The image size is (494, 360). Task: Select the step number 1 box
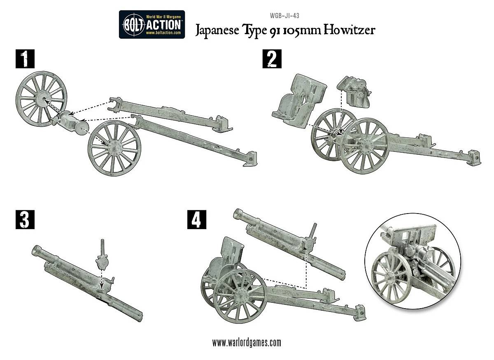click(25, 59)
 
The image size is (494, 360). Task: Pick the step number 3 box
click(25, 220)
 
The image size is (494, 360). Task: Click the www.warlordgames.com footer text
click(247, 342)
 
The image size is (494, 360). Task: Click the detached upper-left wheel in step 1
click(41, 99)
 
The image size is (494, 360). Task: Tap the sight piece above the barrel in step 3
click(103, 258)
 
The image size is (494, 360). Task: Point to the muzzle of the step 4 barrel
click(239, 214)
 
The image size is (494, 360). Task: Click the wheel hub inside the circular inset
click(389, 276)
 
